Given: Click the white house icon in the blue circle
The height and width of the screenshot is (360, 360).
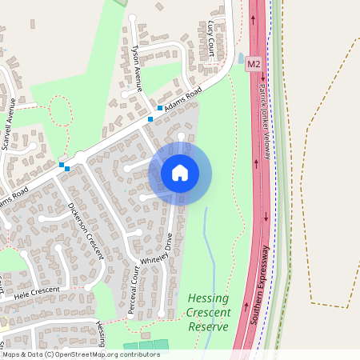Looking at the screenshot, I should coord(180,172).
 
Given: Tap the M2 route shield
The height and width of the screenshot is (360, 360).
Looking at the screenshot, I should coord(254,63).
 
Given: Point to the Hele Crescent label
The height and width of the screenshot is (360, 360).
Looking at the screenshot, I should coord(36,293).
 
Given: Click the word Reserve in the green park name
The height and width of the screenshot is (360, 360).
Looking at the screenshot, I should coord(209,327).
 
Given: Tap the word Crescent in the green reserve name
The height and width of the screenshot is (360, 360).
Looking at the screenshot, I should coord(209,313).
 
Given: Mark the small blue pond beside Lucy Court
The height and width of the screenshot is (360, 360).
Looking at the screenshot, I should coord(241,58).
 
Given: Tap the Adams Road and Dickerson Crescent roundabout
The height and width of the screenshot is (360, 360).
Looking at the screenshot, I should coord(80,157).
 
